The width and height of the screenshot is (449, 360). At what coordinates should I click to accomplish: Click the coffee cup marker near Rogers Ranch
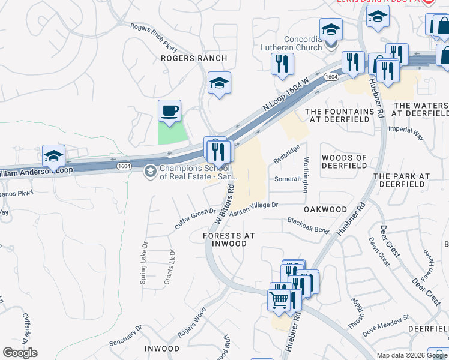tap(169, 111)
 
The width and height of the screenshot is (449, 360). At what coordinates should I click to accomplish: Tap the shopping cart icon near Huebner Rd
tap(279, 299)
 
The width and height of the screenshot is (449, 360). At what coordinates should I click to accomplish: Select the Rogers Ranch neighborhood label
tap(194, 58)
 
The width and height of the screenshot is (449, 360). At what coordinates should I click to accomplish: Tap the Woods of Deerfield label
tap(345, 161)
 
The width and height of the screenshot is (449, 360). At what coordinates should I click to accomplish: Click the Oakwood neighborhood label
tap(325, 209)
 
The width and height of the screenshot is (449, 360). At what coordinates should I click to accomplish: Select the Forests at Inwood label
tap(225, 239)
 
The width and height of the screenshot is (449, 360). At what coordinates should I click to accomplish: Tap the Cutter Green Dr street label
tap(195, 218)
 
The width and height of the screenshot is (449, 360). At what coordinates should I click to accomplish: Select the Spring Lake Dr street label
tap(145, 265)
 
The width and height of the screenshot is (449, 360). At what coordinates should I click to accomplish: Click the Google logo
tap(20, 353)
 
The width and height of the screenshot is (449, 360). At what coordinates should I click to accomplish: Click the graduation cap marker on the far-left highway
tap(53, 156)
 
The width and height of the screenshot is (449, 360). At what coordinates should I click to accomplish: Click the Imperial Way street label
tap(406, 133)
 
